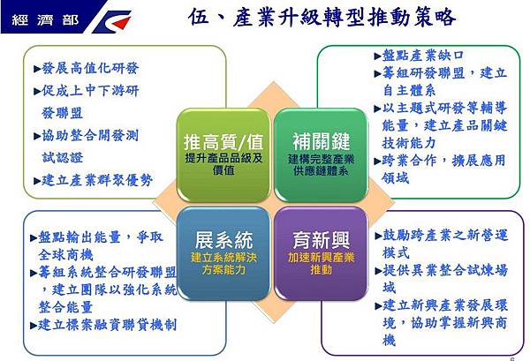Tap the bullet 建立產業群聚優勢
[97, 180]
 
